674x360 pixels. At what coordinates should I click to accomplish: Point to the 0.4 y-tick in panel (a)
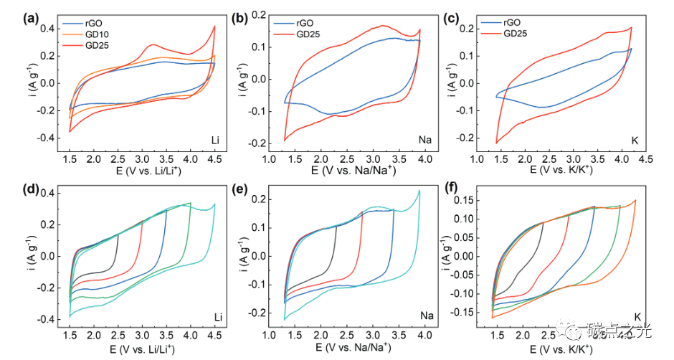click(x=48, y=29)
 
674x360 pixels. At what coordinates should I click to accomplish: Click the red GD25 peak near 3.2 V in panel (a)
click(x=153, y=45)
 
